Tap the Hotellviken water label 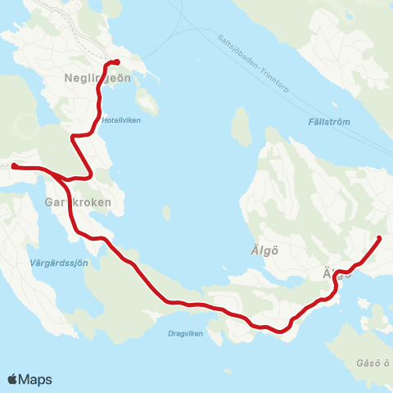point(120,118)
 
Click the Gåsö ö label point(374,363)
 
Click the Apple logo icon point(13,379)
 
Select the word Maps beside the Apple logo point(36,379)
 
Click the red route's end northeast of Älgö point(378,238)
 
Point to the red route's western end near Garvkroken point(13,166)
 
